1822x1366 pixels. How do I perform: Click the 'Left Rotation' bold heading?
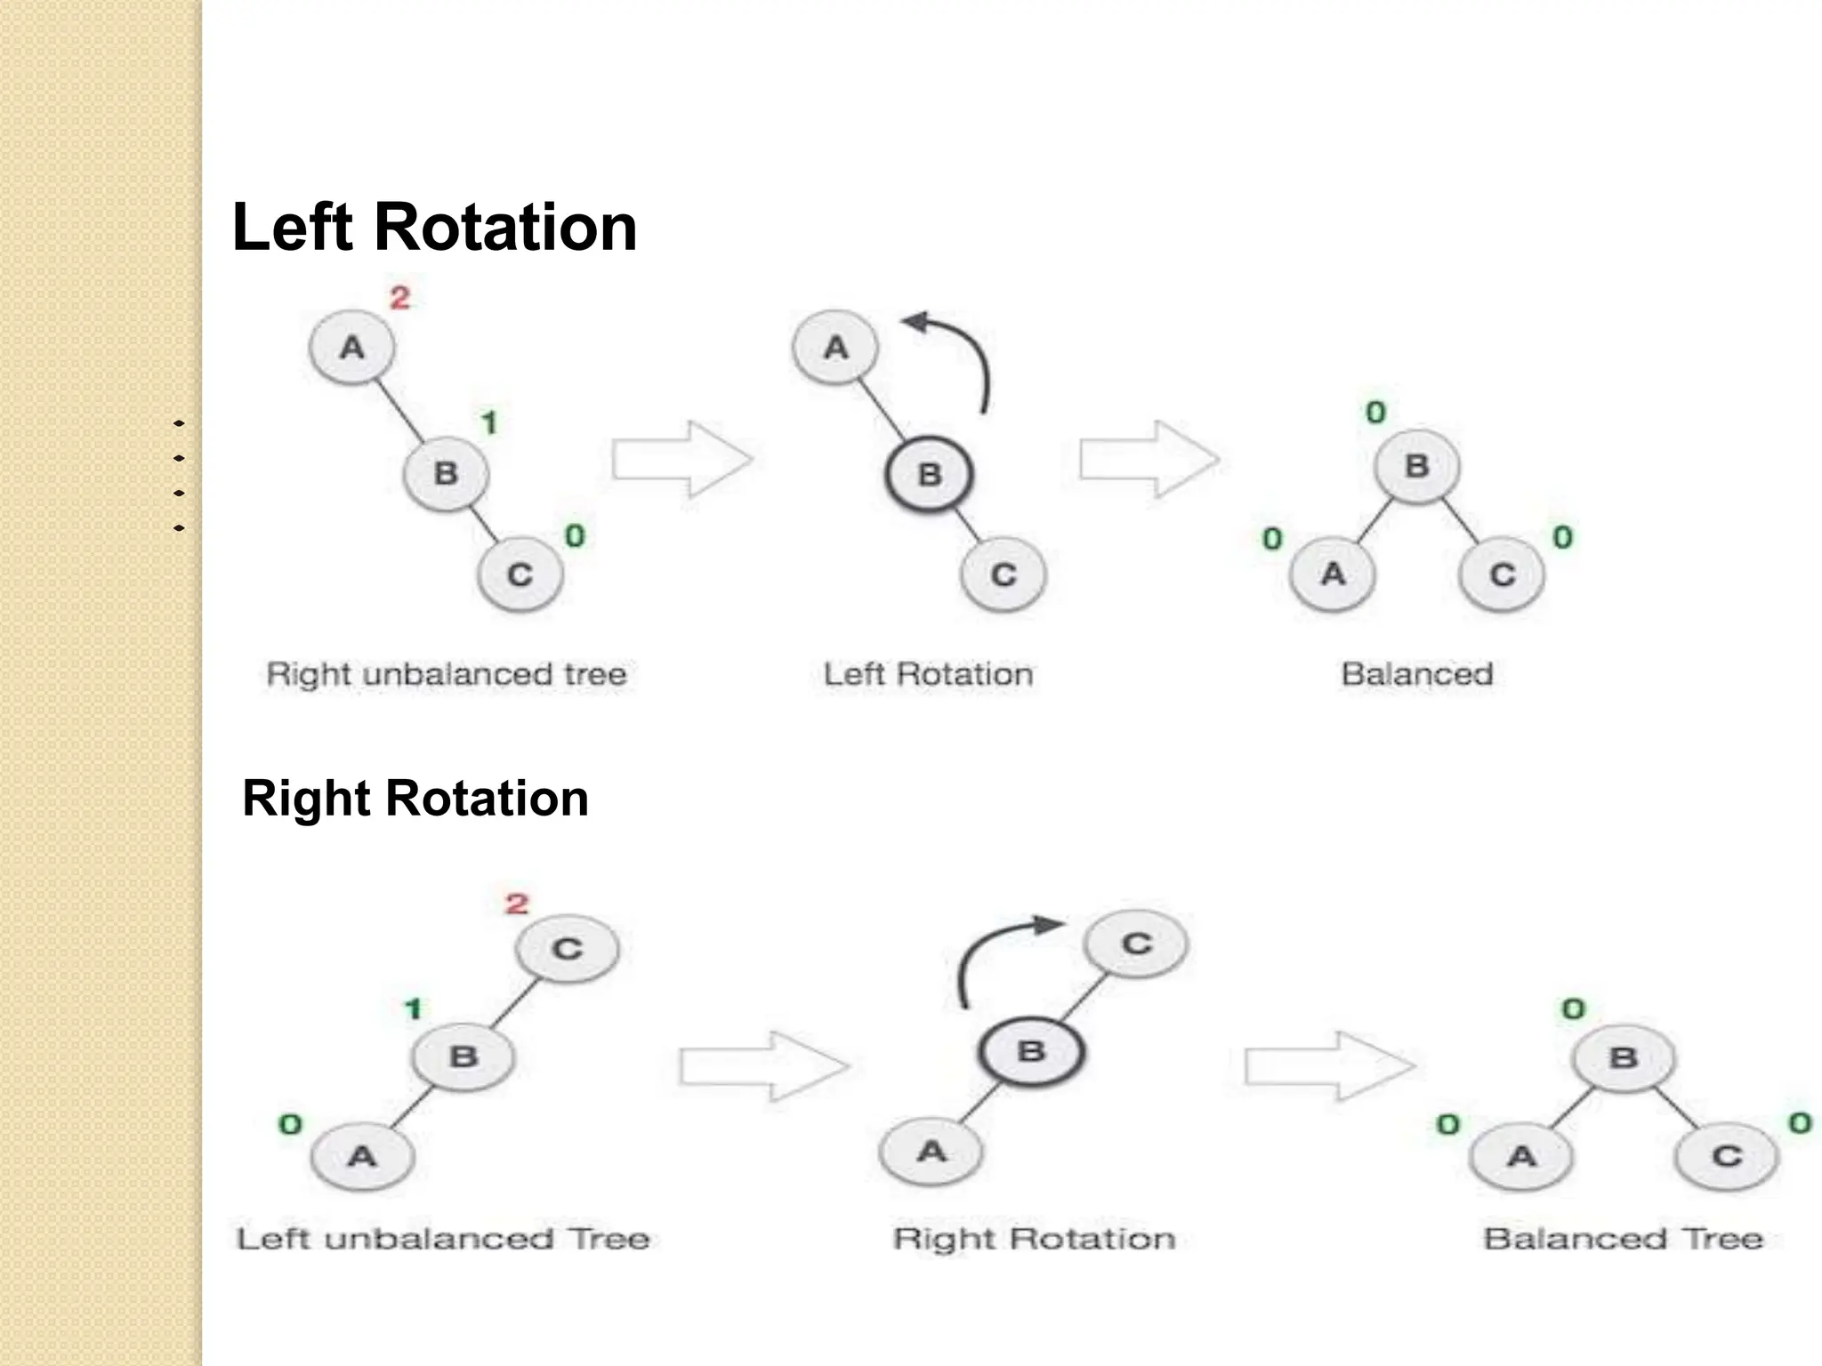tap(434, 228)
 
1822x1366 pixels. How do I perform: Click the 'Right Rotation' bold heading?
tap(415, 798)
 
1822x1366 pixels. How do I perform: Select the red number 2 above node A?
tap(400, 297)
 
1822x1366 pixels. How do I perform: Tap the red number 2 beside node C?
tap(517, 904)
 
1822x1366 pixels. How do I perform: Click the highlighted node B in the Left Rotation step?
tap(929, 474)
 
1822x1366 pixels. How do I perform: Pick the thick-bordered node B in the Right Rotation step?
tap(1031, 1052)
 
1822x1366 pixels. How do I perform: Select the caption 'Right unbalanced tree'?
tap(447, 674)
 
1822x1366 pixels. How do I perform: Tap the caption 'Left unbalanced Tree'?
tap(443, 1239)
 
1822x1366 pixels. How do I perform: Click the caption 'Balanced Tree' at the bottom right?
tap(1623, 1239)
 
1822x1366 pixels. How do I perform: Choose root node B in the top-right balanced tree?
tap(1416, 466)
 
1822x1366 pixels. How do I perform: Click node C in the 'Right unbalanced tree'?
tap(520, 575)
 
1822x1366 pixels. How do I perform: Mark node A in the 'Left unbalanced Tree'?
tap(362, 1156)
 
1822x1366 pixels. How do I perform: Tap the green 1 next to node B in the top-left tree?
tap(489, 422)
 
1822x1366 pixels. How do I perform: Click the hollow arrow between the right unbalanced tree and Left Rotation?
tap(682, 460)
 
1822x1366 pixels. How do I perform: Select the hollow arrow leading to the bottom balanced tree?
tap(1329, 1066)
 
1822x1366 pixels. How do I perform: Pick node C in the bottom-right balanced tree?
tap(1726, 1156)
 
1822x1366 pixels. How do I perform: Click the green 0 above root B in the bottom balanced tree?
tap(1574, 1008)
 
